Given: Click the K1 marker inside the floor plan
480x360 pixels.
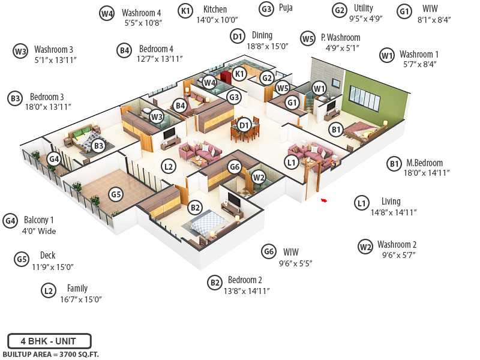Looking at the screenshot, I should (x=239, y=74).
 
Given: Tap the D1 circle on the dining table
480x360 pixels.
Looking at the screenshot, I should (x=244, y=125).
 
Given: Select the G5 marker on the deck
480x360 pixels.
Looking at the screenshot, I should (x=116, y=194).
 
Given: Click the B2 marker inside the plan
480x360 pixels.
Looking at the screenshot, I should (x=194, y=208).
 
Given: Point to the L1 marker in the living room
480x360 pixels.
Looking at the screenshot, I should (x=292, y=161).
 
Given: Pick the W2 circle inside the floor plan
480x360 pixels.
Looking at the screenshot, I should (x=258, y=177).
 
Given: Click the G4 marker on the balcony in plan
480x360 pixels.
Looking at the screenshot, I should (x=54, y=159).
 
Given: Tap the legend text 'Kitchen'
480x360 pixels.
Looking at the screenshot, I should (x=215, y=9).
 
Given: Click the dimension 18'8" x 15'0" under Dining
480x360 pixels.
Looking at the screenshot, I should (x=268, y=46).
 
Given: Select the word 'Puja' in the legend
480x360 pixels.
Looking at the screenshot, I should (x=286, y=9).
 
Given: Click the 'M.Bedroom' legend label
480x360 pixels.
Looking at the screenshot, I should (x=424, y=163).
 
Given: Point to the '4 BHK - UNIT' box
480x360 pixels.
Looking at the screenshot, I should (x=49, y=341).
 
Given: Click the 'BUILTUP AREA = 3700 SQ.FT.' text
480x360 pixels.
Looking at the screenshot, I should (x=50, y=355).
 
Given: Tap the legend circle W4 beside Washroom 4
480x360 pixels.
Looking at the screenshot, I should (x=107, y=13).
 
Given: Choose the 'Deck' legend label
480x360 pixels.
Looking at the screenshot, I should (x=47, y=255).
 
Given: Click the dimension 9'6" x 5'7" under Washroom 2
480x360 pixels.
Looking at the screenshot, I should (x=399, y=254).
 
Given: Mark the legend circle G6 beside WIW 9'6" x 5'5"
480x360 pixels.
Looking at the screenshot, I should (x=269, y=252).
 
